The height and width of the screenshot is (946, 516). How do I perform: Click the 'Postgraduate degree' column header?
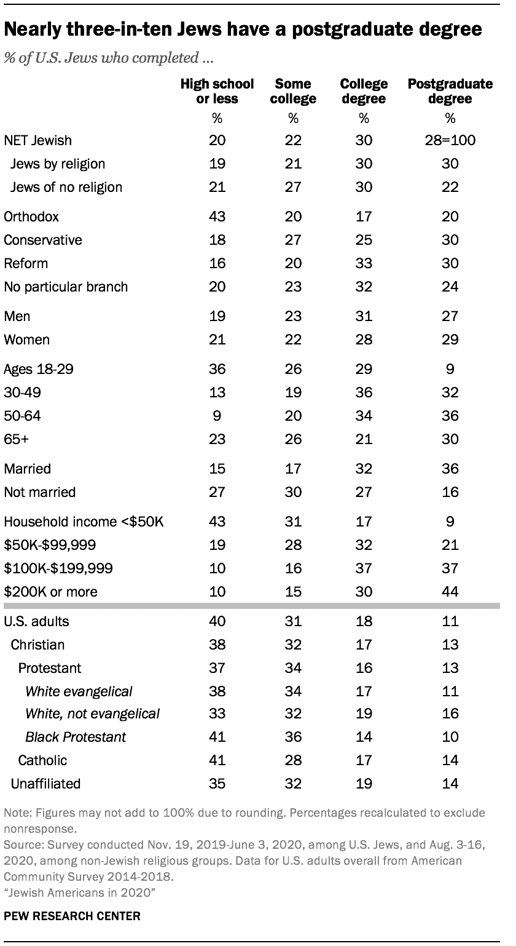[x=450, y=91]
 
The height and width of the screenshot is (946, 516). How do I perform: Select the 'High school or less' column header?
[x=209, y=91]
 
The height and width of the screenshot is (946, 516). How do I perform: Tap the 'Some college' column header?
[x=293, y=91]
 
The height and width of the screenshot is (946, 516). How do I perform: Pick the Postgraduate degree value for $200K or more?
[x=450, y=592]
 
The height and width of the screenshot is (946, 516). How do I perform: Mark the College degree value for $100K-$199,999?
[x=364, y=568]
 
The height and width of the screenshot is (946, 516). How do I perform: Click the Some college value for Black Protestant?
[x=293, y=737]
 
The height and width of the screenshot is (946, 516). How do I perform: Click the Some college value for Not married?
[x=293, y=492]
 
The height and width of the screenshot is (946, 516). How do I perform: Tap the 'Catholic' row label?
[x=42, y=760]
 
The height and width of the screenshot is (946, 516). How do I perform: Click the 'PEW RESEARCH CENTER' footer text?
[x=72, y=916]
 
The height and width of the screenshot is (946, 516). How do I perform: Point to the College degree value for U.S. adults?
[x=364, y=621]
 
